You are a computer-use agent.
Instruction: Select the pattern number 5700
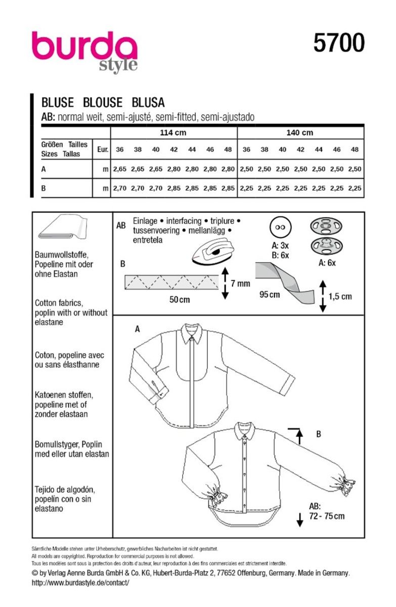pos(338,45)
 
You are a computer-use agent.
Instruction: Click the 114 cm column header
pos(173,133)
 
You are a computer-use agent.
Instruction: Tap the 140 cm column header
pos(300,133)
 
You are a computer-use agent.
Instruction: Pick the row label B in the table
pos(43,188)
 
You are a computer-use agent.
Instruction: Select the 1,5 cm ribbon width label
pos(339,296)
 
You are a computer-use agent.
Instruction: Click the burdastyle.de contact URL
pos(80,583)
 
